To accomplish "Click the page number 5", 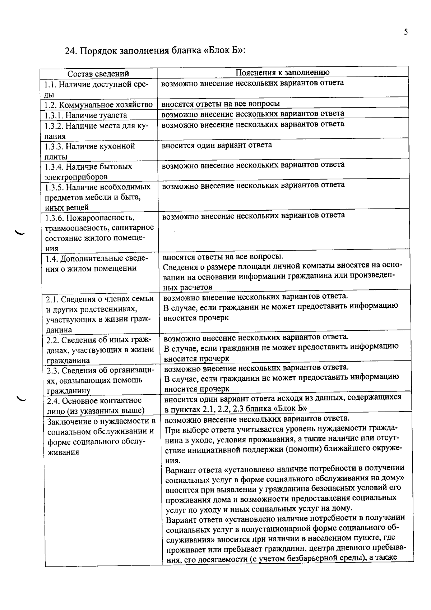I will (x=406, y=32).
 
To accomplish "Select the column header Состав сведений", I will (x=98, y=74).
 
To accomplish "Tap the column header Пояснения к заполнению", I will (x=283, y=72).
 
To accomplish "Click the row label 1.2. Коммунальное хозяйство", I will (x=98, y=105).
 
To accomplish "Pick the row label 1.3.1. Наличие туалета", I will (x=86, y=115).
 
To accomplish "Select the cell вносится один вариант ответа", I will (x=217, y=145).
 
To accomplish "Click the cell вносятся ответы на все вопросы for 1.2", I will (x=221, y=104).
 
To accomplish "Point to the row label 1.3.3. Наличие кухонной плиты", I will (x=90, y=151).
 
